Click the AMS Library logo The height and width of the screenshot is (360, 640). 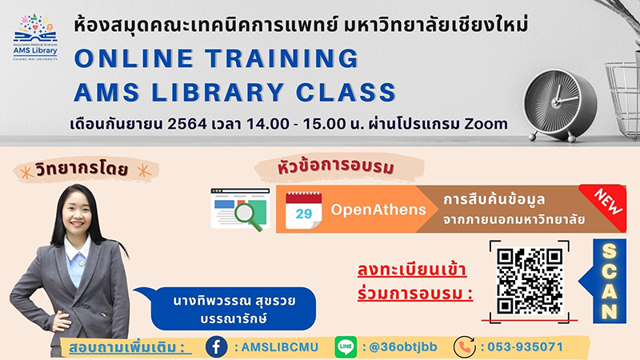click(x=35, y=38)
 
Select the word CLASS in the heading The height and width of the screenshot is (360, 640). click(x=346, y=92)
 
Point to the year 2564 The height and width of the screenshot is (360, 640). click(x=187, y=124)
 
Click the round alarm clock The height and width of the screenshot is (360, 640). click(x=559, y=105)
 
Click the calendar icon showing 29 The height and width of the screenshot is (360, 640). click(x=304, y=210)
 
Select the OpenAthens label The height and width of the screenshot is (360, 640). click(x=378, y=210)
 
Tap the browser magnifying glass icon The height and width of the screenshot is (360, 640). click(x=241, y=210)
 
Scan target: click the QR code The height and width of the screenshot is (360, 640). click(x=530, y=282)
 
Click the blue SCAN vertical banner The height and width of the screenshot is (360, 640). click(x=609, y=282)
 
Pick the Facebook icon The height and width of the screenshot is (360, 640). click(x=216, y=347)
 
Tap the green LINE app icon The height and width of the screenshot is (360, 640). click(x=346, y=347)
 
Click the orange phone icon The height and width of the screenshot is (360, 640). click(x=465, y=347)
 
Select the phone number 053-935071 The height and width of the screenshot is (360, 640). click(x=525, y=347)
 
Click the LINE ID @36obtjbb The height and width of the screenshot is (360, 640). click(x=403, y=347)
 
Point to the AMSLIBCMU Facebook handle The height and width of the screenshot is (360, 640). click(x=279, y=347)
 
